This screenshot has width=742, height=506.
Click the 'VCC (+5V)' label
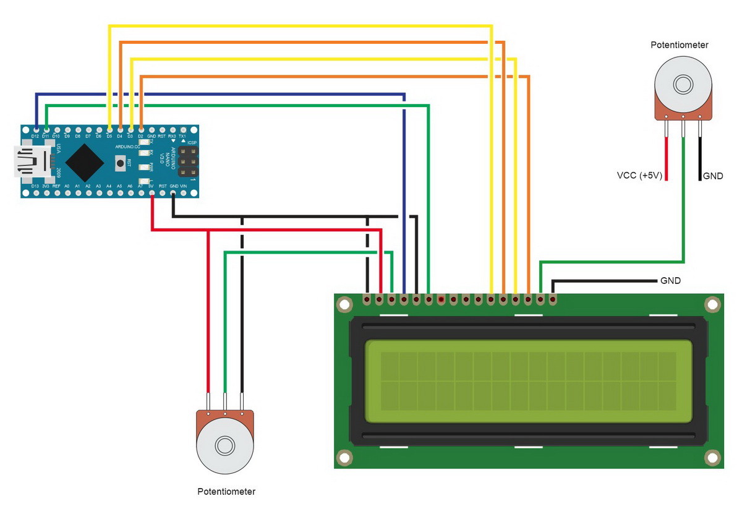[x=639, y=176]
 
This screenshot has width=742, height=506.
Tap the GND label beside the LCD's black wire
[x=670, y=280]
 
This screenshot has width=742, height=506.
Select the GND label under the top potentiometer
[x=712, y=176]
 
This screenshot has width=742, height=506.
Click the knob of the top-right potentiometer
[x=683, y=84]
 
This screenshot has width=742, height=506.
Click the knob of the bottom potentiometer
[x=224, y=445]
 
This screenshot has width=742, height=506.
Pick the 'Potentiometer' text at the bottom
[x=226, y=492]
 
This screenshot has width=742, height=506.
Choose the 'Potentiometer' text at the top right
[x=680, y=45]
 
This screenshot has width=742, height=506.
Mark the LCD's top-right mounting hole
[x=712, y=304]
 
